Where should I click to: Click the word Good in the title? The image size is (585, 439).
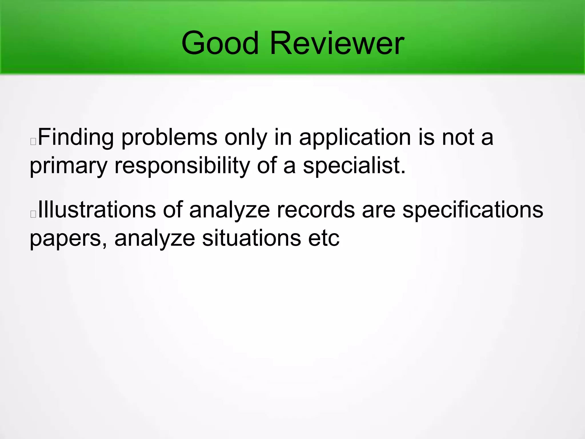[220, 43]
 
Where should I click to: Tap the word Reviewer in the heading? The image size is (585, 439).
[337, 43]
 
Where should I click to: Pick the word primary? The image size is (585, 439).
[68, 166]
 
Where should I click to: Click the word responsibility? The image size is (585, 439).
[182, 166]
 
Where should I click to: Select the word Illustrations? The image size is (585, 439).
[97, 210]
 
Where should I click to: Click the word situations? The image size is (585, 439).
[251, 238]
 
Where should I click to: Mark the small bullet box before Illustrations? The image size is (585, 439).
[33, 214]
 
